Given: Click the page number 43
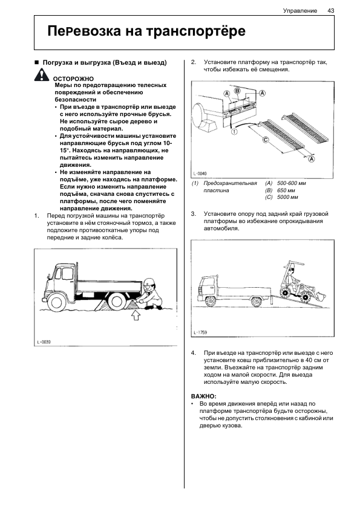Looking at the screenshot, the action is coord(331,11).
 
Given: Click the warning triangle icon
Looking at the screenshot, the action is coord(41,75).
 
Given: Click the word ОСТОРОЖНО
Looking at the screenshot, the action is coord(73,79).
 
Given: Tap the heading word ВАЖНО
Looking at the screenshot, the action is coord(203,397).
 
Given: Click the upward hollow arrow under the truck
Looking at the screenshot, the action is coord(136,315).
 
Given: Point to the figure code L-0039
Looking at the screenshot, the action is coord(44,342).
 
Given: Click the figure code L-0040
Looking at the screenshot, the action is coord(200,173).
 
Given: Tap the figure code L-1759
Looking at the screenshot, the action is coord(200,332).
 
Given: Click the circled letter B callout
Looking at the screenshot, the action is coord(238,91).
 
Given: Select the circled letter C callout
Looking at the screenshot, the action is coord(266,140).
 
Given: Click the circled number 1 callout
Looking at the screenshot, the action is coord(234,131).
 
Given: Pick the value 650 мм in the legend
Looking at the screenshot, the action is coord(286,190).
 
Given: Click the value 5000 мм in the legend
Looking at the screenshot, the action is coord(287,197).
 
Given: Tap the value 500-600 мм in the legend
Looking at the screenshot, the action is coord(292,183).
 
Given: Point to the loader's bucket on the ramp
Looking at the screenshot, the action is coord(320,296).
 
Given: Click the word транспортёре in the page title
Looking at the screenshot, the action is coord(195,31).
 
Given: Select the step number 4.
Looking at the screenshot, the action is coord(194,353).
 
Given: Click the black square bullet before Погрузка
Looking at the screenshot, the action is coord(37,62).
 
